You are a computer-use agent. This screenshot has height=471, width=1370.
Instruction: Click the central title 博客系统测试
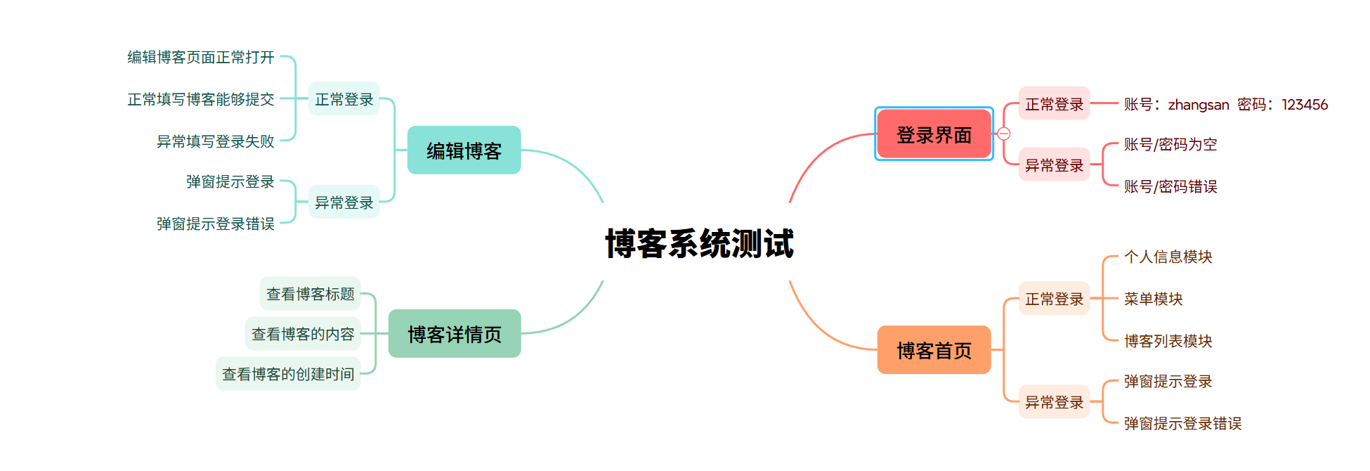(699, 243)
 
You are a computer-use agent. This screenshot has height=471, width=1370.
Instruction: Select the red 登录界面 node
(934, 134)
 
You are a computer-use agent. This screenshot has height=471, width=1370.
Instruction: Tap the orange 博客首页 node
(934, 350)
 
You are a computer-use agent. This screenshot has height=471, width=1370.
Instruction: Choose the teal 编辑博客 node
(464, 150)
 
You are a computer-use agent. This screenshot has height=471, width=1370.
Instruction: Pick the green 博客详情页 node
(455, 334)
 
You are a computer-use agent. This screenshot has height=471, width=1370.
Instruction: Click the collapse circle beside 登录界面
(1004, 134)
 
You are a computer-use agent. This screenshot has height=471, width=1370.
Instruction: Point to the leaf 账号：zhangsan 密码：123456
(1225, 105)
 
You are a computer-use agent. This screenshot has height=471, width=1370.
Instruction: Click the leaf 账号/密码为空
(1170, 145)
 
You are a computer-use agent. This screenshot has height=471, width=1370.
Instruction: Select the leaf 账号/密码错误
(1170, 186)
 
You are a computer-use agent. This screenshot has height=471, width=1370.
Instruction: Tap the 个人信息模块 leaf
(1168, 257)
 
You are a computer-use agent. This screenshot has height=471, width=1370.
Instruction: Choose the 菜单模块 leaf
(1153, 299)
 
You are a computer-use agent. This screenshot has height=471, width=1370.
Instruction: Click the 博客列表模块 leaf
(1168, 341)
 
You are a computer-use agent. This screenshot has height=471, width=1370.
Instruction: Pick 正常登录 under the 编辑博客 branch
(344, 99)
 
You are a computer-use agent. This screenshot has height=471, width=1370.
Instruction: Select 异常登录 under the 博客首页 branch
(1054, 402)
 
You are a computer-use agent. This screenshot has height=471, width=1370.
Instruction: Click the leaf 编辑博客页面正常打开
(200, 57)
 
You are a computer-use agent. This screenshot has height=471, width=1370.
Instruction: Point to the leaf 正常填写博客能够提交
(200, 99)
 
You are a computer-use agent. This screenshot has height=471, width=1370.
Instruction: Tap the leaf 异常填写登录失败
(215, 141)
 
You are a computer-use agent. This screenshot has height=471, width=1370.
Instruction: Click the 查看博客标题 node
(310, 294)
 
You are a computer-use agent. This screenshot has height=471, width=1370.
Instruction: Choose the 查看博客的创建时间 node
(288, 374)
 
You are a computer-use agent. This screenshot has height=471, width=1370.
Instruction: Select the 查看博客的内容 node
(303, 334)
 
